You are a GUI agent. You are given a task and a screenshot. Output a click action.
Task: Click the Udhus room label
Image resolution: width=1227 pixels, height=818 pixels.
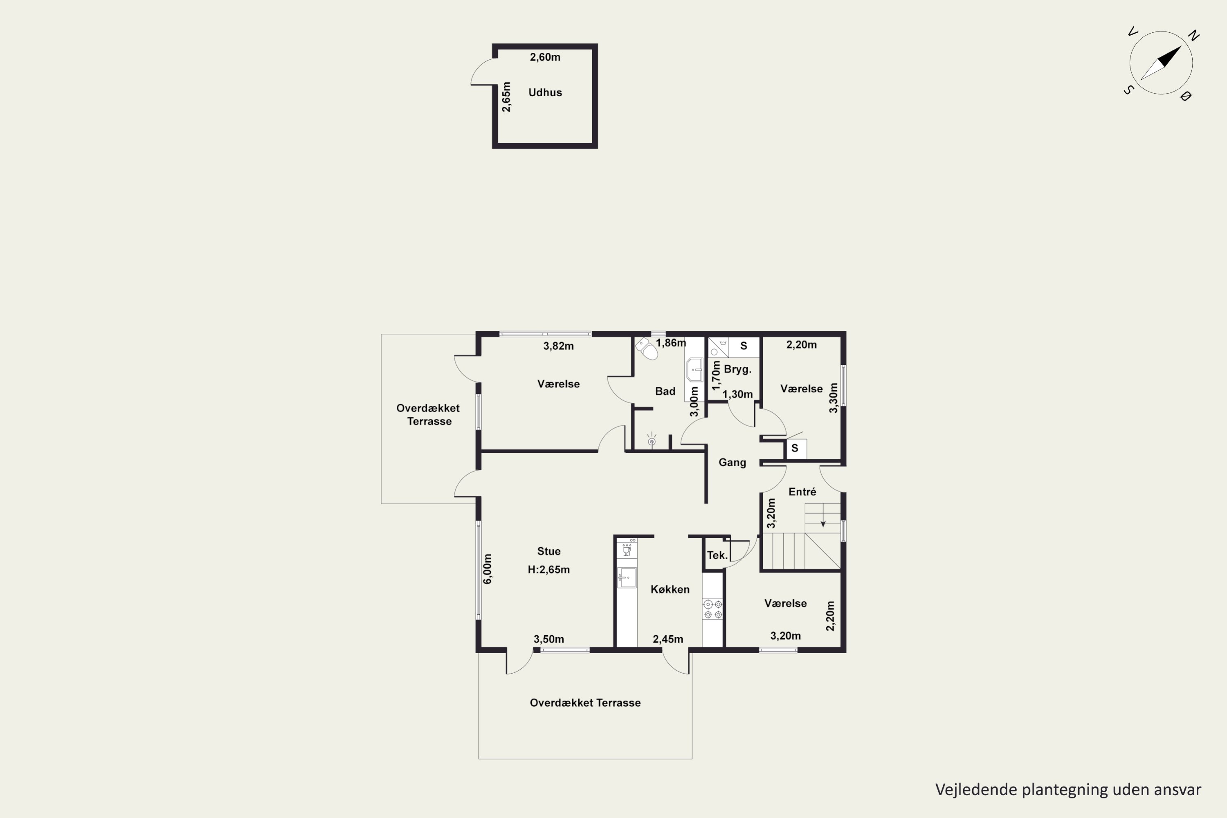point(545,92)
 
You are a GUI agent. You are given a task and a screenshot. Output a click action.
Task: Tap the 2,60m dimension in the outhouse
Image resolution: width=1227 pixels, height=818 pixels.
point(545,57)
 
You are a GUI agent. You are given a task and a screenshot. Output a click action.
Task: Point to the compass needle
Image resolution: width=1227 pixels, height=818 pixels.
point(1161,63)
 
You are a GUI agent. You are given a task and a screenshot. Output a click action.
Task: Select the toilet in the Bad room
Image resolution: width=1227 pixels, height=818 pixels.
point(647,348)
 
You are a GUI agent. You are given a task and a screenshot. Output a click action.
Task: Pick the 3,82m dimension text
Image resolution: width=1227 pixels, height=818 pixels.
point(558,346)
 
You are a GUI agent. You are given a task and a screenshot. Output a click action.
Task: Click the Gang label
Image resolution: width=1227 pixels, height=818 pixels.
point(733,462)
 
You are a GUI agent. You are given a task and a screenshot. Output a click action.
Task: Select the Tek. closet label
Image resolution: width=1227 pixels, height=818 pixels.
point(717,555)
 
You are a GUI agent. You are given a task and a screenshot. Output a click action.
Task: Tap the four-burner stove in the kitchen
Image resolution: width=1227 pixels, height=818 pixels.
point(712,609)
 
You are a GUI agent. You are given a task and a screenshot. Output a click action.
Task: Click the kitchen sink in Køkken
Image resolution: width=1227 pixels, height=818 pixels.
point(627,578)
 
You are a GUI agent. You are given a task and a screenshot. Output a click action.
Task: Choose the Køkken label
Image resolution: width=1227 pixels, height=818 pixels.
point(670,589)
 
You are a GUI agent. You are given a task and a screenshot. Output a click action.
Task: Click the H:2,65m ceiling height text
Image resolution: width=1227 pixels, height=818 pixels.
point(549,570)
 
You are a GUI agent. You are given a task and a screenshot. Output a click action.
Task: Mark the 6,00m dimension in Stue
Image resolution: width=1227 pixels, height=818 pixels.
point(487,569)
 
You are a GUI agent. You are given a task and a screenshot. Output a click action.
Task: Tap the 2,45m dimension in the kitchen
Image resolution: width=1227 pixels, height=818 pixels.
point(668,639)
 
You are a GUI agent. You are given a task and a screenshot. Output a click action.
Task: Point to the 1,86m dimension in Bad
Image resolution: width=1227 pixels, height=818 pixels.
point(671,343)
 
